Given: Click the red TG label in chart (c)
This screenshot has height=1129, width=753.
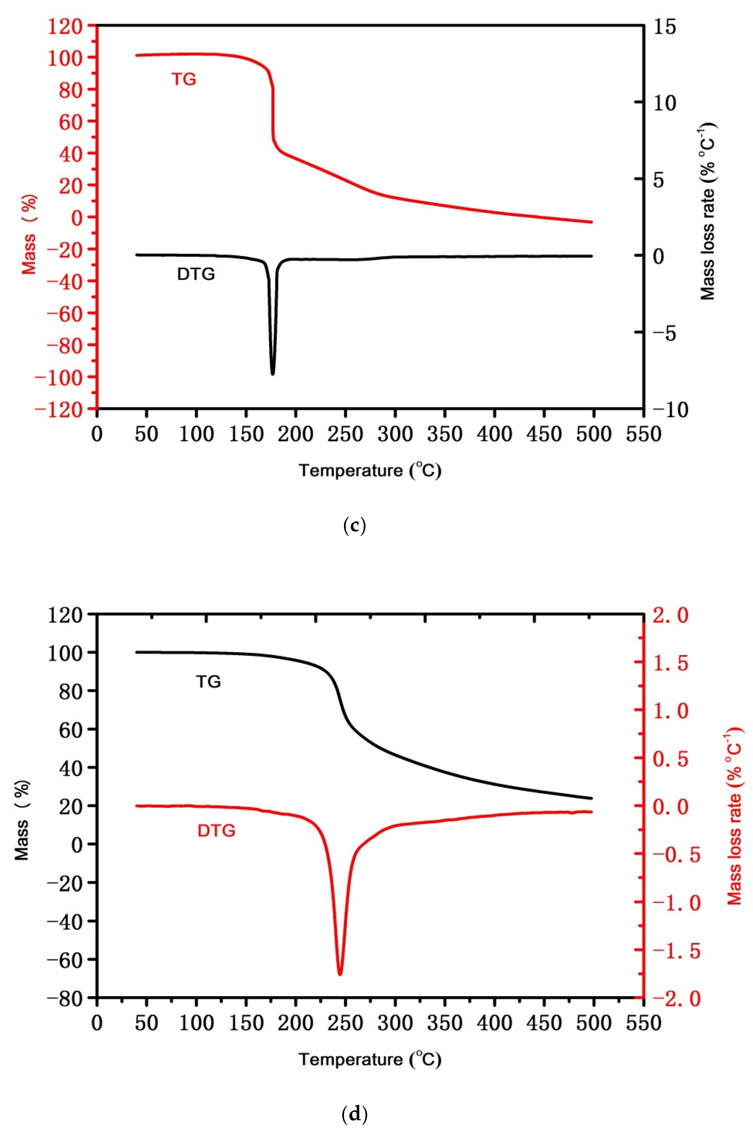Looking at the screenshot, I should click(184, 79).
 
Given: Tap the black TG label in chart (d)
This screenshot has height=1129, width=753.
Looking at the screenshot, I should click(208, 682).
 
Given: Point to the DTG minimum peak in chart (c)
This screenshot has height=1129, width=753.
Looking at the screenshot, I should click(273, 374).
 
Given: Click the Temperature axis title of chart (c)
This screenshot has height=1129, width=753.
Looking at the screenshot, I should click(370, 470).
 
